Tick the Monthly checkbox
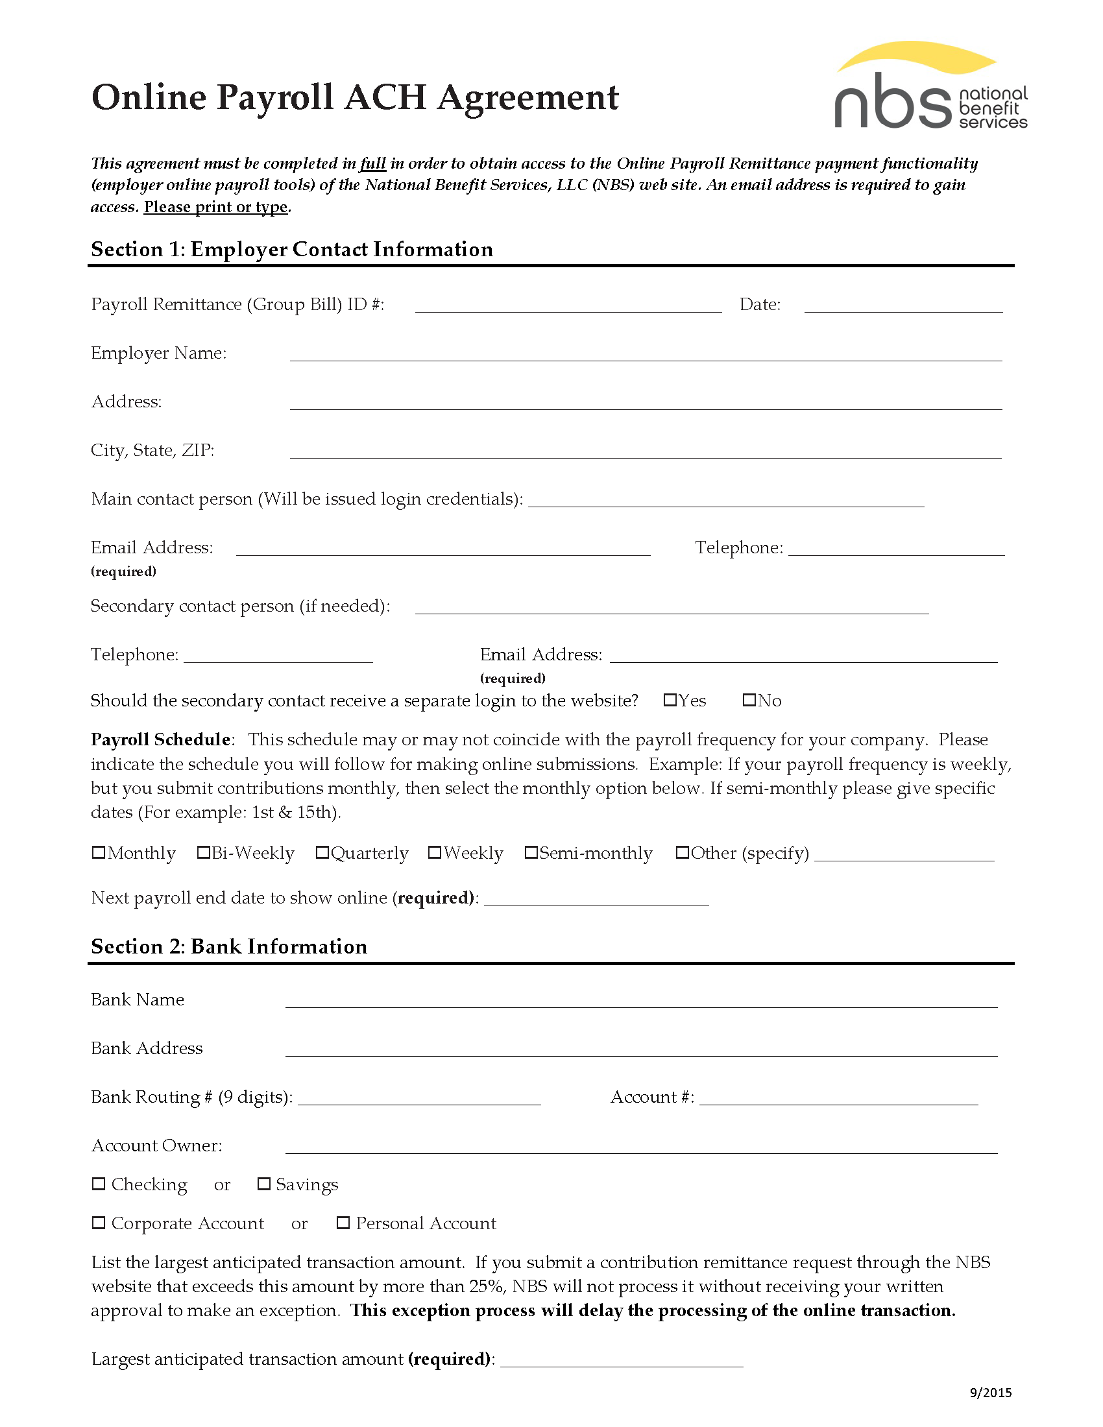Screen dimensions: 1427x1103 [x=99, y=852]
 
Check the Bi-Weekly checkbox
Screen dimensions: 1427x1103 [x=203, y=852]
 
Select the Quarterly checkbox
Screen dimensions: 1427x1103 [x=322, y=852]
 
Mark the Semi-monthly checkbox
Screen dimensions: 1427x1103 [x=531, y=852]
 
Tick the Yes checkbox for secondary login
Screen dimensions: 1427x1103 [x=670, y=700]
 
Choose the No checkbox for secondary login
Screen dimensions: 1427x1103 [x=749, y=700]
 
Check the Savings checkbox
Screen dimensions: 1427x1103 [x=264, y=1184]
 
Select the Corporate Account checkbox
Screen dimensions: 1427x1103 [x=99, y=1223]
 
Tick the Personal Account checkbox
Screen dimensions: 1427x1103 [x=343, y=1223]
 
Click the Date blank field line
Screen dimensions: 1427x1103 [x=903, y=306]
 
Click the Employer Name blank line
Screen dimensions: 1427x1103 [x=646, y=354]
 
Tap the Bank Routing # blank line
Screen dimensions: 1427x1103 [x=419, y=1098]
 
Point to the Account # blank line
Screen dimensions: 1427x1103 [x=838, y=1098]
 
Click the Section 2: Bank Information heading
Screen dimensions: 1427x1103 [x=228, y=946]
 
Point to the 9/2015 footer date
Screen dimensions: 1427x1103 [x=990, y=1392]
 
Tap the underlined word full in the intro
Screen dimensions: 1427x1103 [x=372, y=163]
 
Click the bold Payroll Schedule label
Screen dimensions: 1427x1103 [x=161, y=739]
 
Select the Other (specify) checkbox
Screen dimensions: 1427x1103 [x=682, y=852]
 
